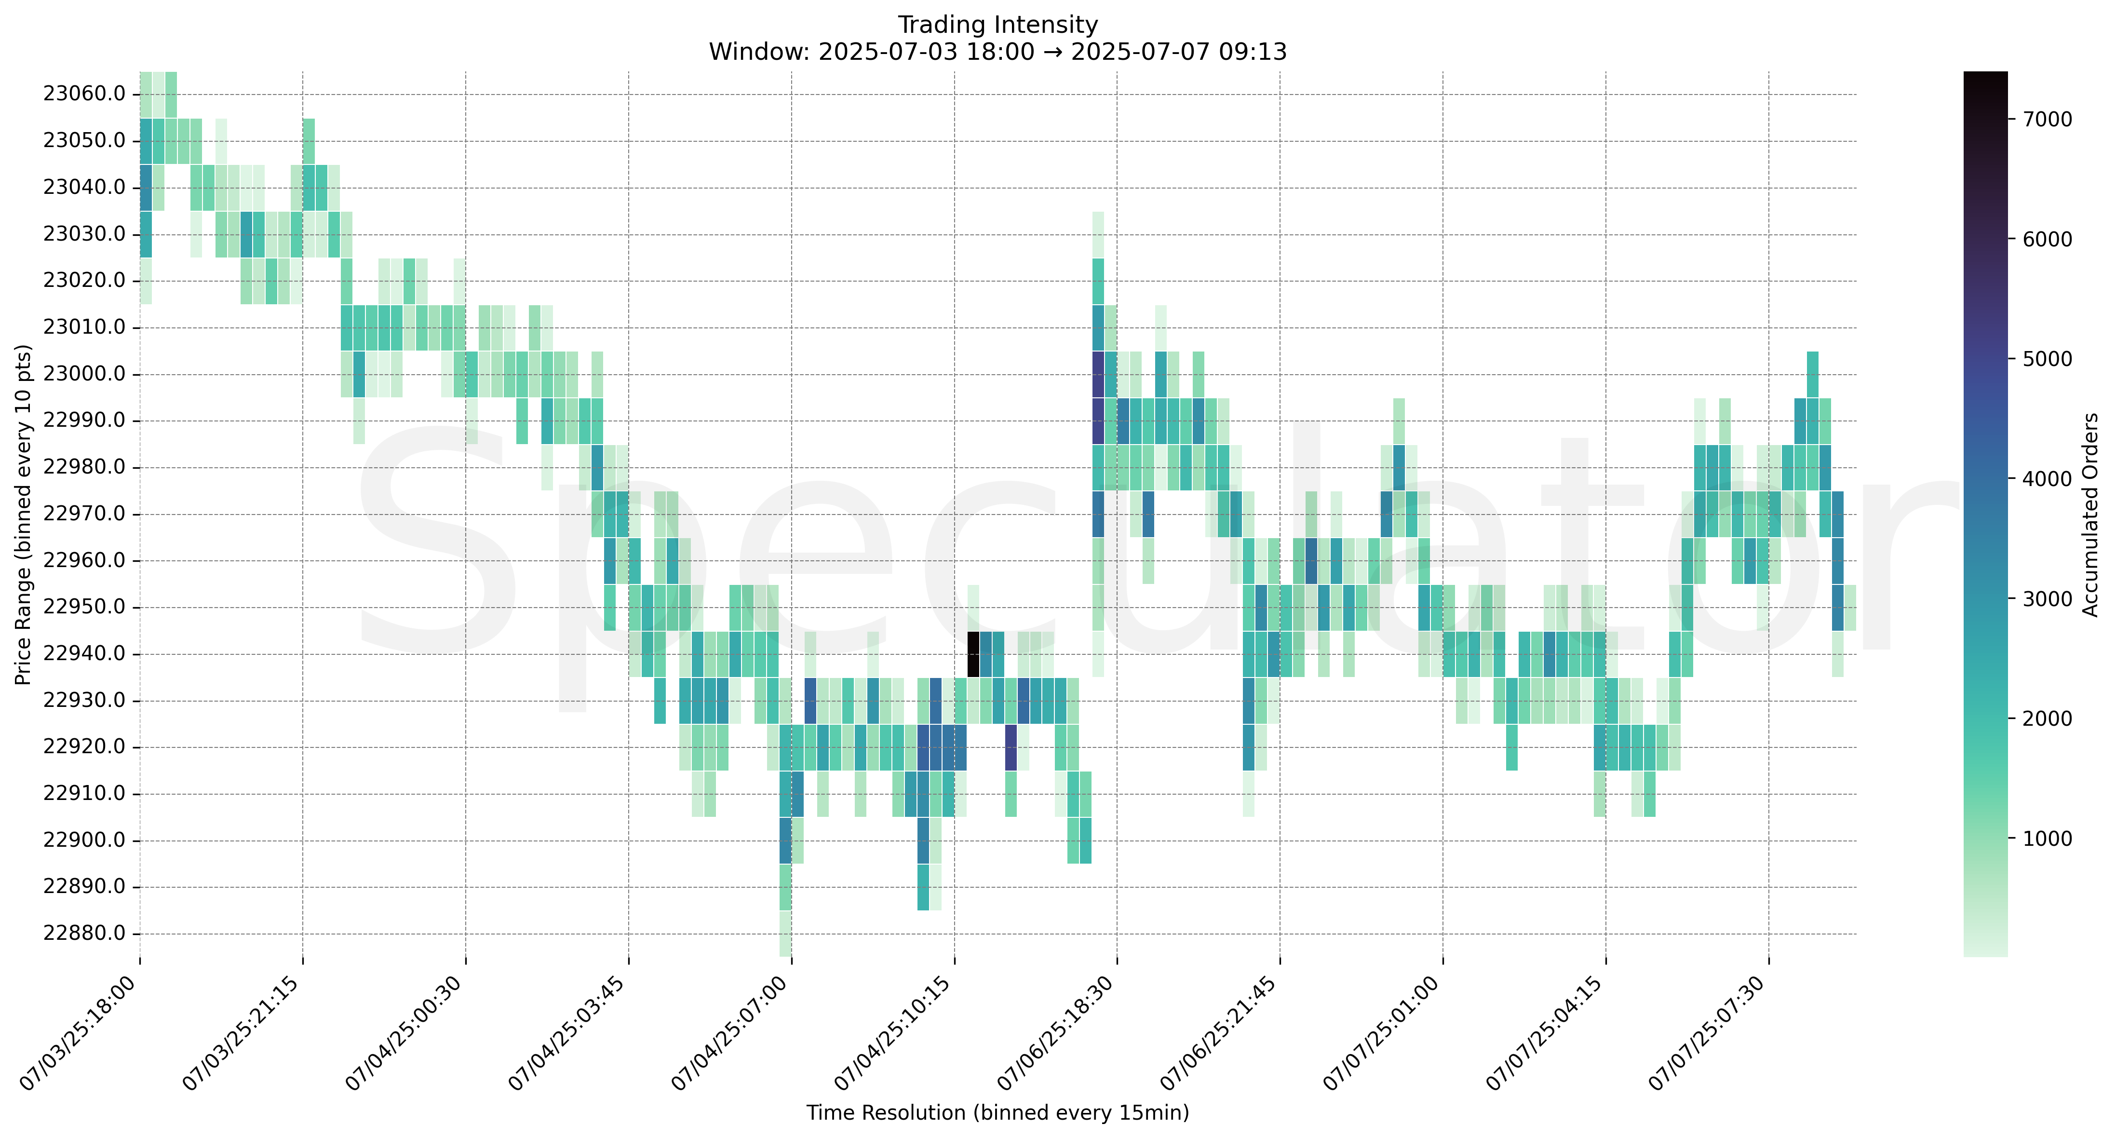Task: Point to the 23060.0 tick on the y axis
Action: coord(84,94)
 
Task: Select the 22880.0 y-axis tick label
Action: coord(84,934)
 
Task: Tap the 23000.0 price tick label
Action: coord(84,374)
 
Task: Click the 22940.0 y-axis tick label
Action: coord(84,654)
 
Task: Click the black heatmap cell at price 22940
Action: coord(973,654)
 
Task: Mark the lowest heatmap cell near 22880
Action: coord(785,934)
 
